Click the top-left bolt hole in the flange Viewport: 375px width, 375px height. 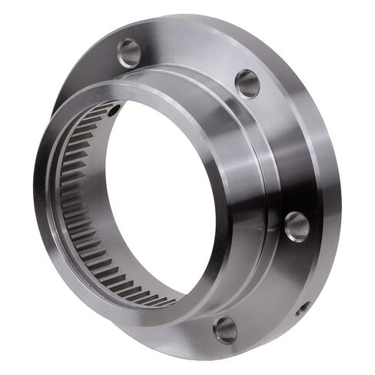click(x=129, y=52)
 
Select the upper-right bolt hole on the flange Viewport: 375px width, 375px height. click(x=247, y=82)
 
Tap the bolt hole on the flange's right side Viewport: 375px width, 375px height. click(x=296, y=226)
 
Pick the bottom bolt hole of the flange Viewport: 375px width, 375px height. click(x=225, y=329)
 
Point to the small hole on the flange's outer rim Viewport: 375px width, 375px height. click(x=303, y=307)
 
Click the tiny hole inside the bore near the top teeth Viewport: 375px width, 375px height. click(x=114, y=112)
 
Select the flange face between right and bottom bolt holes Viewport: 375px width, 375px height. click(x=269, y=284)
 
